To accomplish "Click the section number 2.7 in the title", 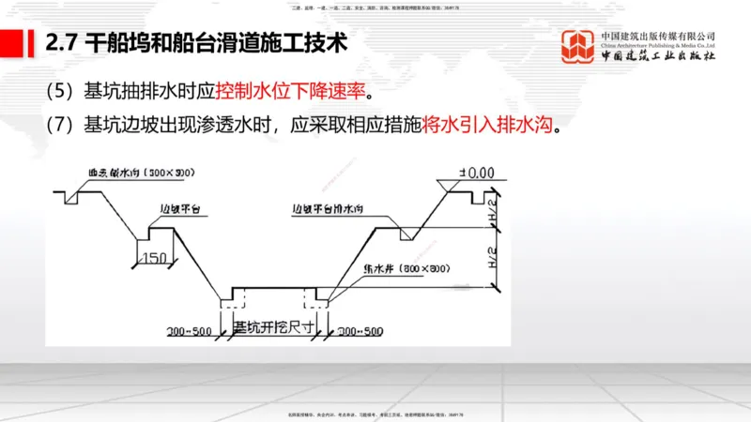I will pyautogui.click(x=62, y=42).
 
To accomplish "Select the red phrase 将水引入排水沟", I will pyautogui.click(x=488, y=125).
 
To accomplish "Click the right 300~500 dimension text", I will pyautogui.click(x=360, y=331).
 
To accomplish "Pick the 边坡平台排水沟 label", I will pyautogui.click(x=334, y=209).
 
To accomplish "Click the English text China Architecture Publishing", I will pyautogui.click(x=658, y=44).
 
